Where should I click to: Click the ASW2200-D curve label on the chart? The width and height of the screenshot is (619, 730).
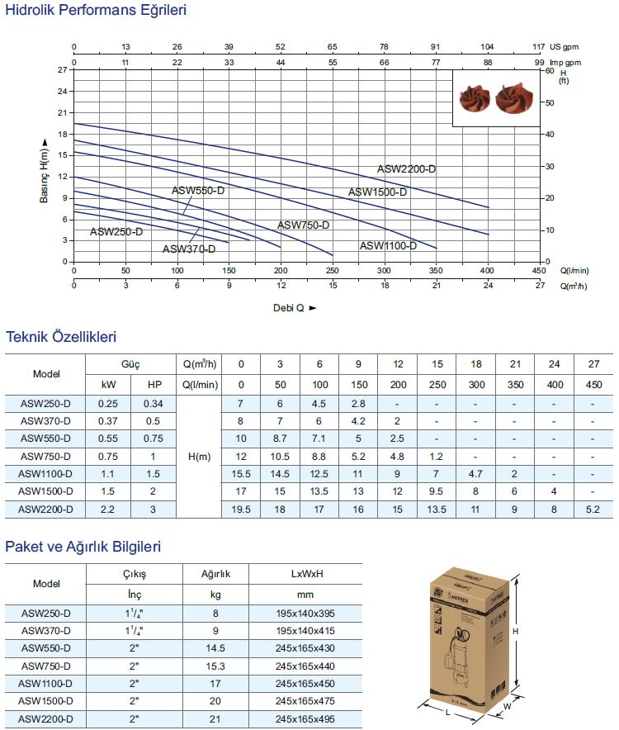pyautogui.click(x=406, y=169)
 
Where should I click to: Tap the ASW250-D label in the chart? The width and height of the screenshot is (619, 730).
pyautogui.click(x=116, y=232)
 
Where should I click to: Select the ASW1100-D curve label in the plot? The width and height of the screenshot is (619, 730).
pyautogui.click(x=388, y=245)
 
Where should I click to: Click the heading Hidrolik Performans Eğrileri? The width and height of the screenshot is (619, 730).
pyautogui.click(x=96, y=11)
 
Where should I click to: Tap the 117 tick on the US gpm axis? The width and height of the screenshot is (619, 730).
pyautogui.click(x=540, y=47)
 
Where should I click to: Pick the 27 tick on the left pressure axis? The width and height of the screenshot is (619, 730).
pyautogui.click(x=61, y=70)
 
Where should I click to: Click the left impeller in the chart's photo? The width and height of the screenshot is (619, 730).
pyautogui.click(x=475, y=98)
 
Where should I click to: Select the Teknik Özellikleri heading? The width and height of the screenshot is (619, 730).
pyautogui.click(x=61, y=337)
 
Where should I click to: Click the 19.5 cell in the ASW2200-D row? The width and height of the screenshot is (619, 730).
pyautogui.click(x=241, y=510)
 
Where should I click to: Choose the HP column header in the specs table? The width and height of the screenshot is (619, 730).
pyautogui.click(x=154, y=384)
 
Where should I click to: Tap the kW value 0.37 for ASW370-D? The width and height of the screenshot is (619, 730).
pyautogui.click(x=108, y=420)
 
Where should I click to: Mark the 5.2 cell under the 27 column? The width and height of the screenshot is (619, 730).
pyautogui.click(x=593, y=510)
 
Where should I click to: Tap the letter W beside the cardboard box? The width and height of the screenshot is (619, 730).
pyautogui.click(x=508, y=707)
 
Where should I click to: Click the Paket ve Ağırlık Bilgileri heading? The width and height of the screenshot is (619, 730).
pyautogui.click(x=83, y=547)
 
